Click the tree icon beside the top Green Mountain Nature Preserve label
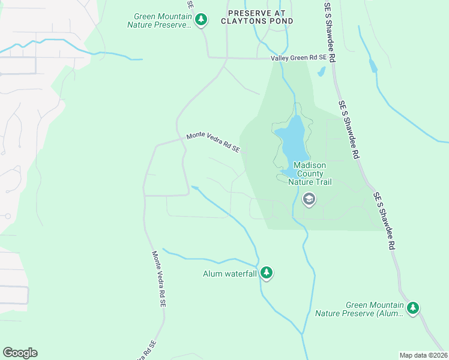point(201,20)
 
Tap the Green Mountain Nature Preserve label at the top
point(160,20)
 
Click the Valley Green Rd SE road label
point(298,58)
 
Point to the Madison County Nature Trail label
point(309,173)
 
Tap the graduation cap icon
point(309,199)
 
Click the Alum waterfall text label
point(229,274)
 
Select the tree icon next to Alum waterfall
point(267,274)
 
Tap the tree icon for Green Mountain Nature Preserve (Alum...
point(412,308)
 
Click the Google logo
point(20,353)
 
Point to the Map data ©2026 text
point(423,355)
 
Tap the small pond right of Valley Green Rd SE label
point(321,72)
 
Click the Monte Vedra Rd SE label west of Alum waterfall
point(158,279)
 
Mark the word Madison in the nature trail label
point(309,166)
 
